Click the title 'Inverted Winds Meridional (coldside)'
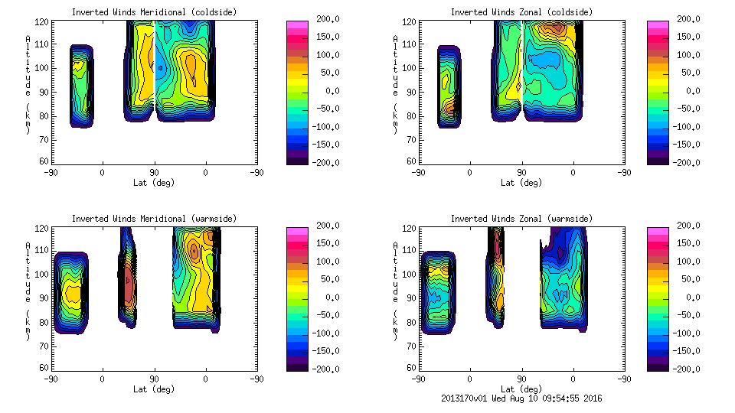tap(154, 12)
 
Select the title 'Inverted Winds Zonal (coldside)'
tap(521, 12)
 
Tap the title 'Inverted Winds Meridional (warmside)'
tap(154, 219)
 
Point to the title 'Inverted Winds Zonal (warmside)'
tap(521, 219)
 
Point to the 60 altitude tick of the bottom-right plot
tap(413, 367)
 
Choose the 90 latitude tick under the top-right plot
tap(521, 173)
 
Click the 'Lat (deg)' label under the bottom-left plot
tap(154, 389)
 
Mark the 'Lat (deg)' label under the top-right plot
tap(521, 183)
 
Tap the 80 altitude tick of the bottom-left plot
tap(45, 321)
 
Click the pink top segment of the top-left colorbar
tap(296, 25)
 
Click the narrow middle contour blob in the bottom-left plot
tap(127, 279)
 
